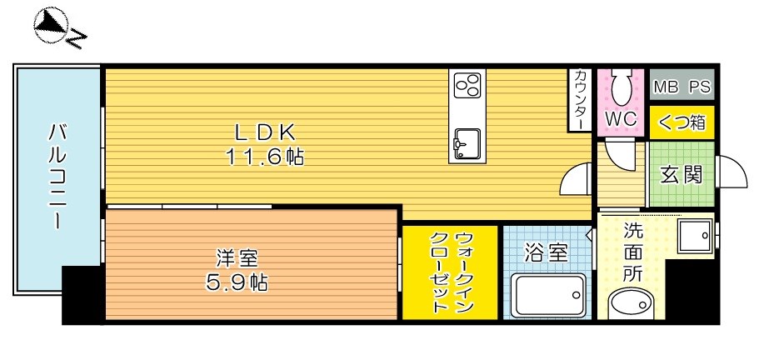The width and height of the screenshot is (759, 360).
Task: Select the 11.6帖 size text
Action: coord(264,157)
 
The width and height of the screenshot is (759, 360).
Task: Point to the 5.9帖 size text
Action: coord(237,282)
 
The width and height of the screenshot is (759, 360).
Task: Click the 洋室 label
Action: coord(237,257)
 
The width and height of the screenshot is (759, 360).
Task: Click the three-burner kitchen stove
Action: coord(467,85)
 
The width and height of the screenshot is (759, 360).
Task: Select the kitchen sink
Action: coord(467,142)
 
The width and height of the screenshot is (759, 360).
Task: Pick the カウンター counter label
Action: coord(579,100)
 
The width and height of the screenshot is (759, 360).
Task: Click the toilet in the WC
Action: coord(620,87)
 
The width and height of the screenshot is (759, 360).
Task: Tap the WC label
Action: coord(620,119)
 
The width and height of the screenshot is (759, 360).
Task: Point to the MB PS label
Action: coord(681,87)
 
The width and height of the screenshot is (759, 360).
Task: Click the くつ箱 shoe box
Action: coord(682,122)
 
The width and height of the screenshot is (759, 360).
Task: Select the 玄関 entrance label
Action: coord(682,176)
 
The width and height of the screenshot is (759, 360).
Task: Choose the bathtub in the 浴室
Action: coord(548,295)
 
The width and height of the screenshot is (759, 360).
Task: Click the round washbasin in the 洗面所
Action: coord(630,303)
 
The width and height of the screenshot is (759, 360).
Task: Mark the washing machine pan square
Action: coord(695,236)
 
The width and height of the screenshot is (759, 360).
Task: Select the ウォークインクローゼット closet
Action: coord(450,272)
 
